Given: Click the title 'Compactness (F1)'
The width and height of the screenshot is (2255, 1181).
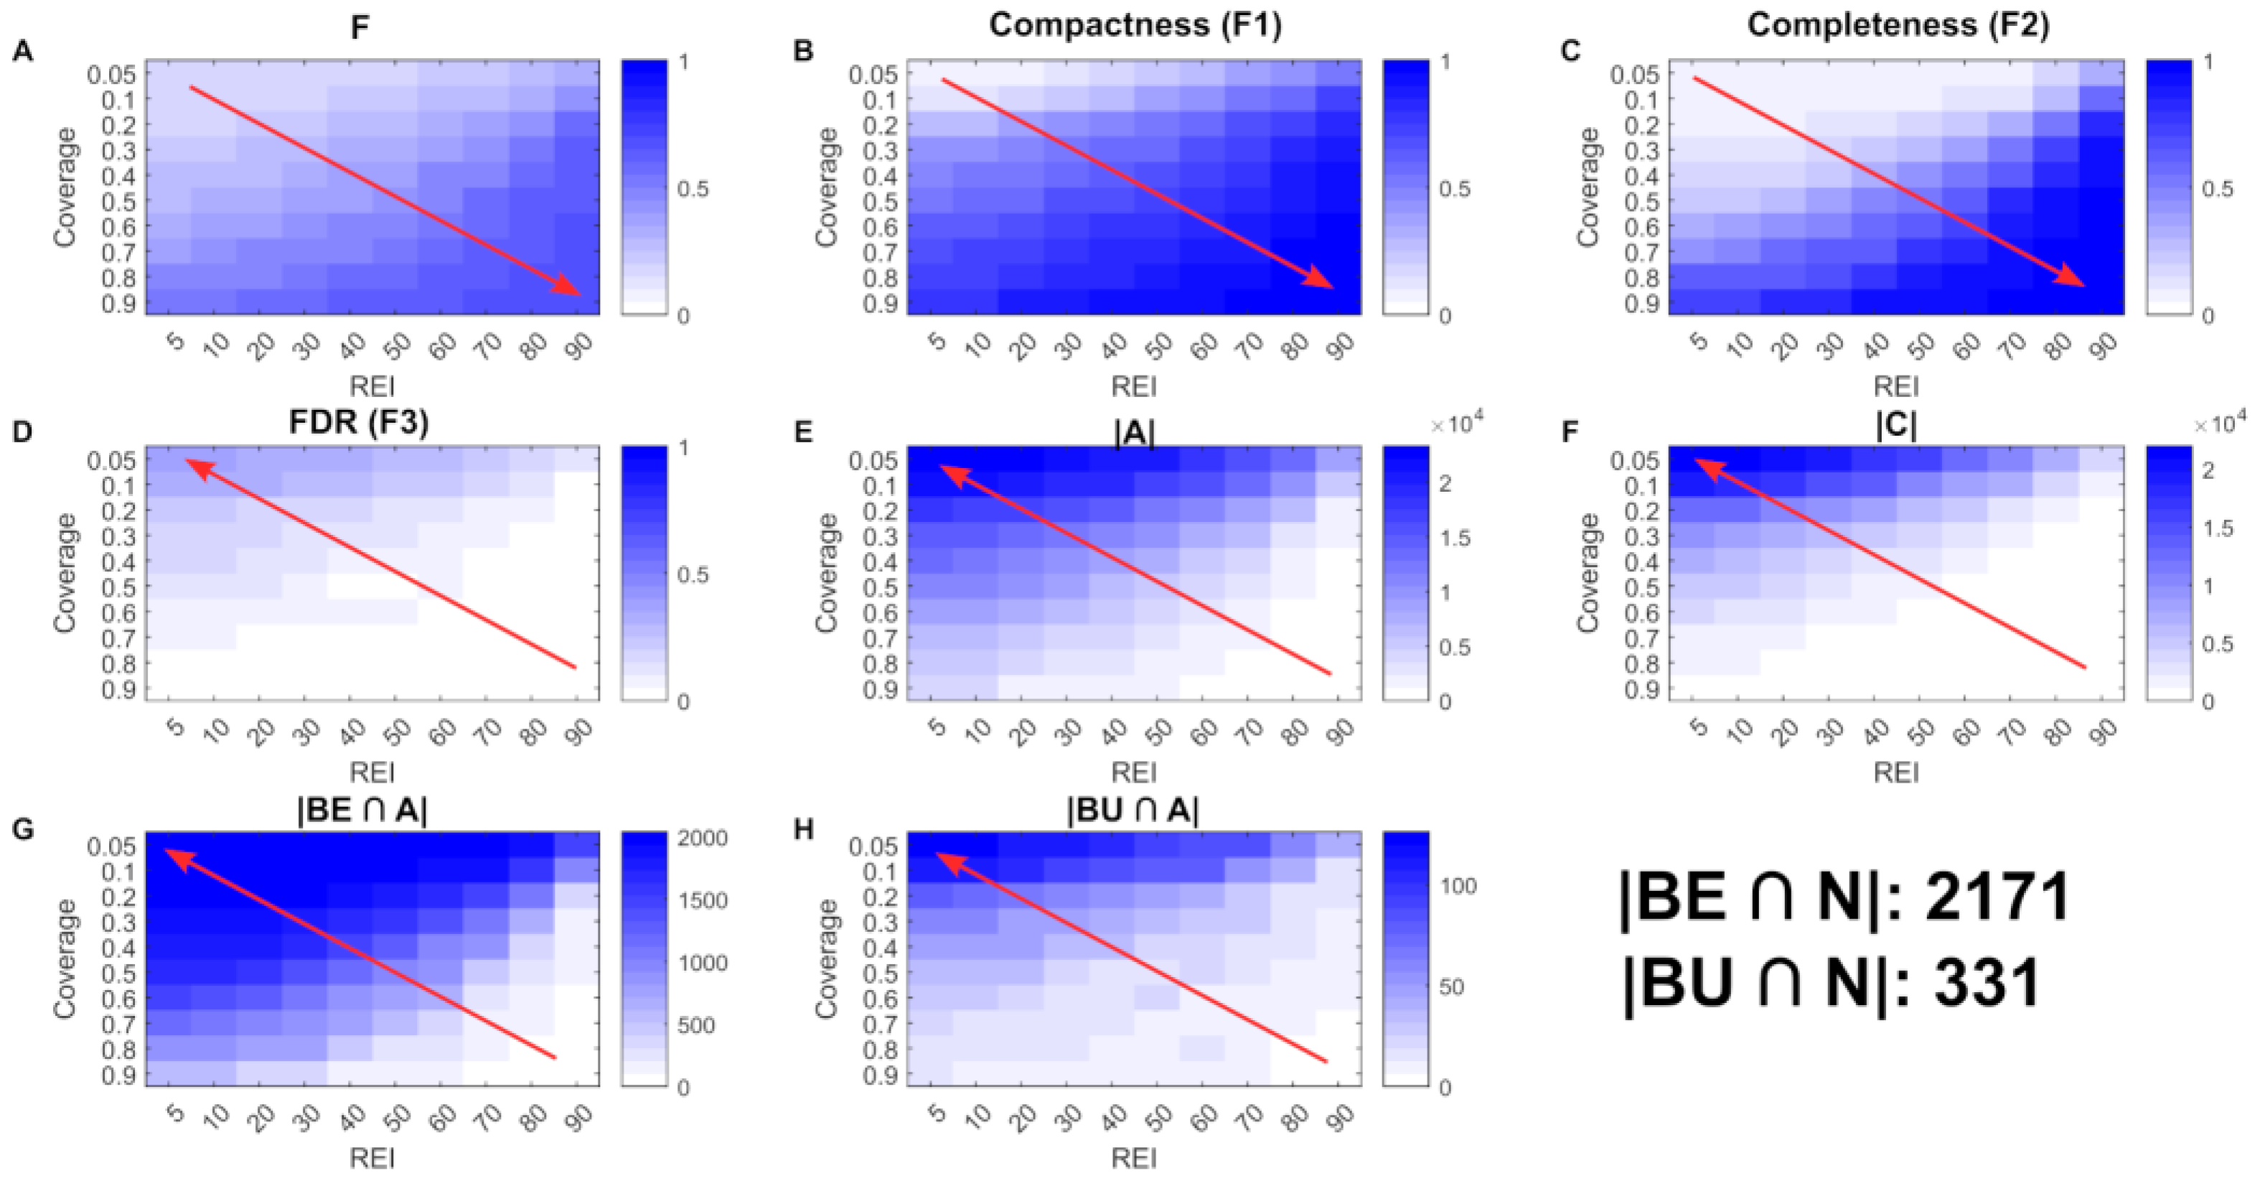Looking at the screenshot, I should coord(1135,24).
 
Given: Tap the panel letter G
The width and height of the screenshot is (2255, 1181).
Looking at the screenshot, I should coord(23,828).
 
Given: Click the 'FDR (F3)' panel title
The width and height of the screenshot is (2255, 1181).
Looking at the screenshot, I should coord(359,423).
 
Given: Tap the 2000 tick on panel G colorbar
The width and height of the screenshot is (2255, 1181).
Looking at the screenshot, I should coord(703,839).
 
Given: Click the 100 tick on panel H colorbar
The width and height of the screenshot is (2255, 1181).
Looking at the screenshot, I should coord(1458,886).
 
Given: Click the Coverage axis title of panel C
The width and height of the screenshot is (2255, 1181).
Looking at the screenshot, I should coord(1588,187).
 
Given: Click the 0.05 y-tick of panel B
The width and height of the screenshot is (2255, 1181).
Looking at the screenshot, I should coord(873,75).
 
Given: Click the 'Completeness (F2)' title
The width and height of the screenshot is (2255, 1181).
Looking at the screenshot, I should coord(1898,24).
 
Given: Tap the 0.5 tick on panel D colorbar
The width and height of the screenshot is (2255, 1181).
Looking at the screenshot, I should coord(693,575).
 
